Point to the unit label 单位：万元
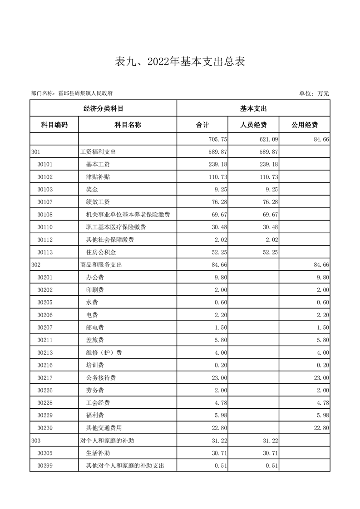click(314, 93)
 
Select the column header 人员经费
click(253, 125)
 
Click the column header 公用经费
click(304, 125)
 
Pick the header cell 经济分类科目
click(103, 109)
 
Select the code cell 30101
click(45, 164)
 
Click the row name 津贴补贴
click(98, 176)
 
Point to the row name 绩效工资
click(98, 201)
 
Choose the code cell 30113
click(45, 252)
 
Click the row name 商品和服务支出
click(101, 264)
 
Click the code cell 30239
click(45, 428)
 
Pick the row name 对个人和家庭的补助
click(107, 440)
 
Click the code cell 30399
click(45, 465)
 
